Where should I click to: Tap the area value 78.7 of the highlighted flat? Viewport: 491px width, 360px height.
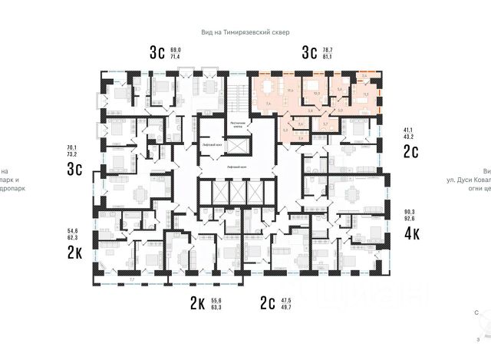(x=328, y=48)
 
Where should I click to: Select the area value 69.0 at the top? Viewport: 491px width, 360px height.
(x=175, y=48)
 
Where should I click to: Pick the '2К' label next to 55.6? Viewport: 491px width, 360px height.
(x=196, y=305)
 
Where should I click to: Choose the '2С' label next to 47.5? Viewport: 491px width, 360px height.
(x=269, y=305)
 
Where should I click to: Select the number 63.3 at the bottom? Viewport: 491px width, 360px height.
(x=216, y=309)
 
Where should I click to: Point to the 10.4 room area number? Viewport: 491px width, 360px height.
(x=290, y=91)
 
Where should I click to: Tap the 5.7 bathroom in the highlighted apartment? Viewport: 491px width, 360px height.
(x=325, y=124)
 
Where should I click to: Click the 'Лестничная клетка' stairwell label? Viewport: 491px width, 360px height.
(x=238, y=124)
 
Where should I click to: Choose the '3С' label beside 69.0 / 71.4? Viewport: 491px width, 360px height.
(x=157, y=52)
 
